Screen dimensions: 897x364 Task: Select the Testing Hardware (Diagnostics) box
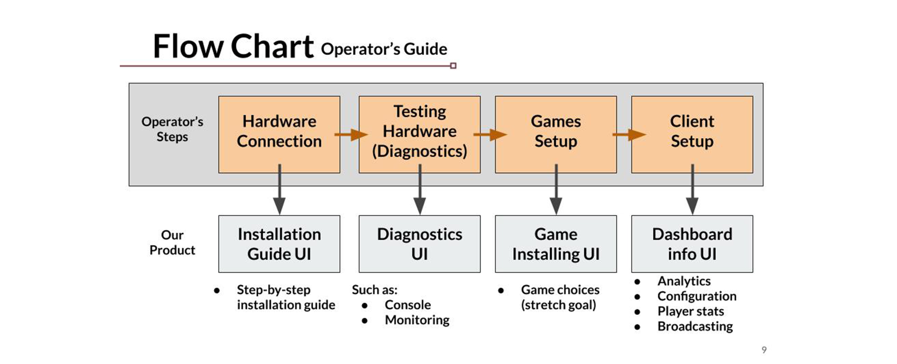420,135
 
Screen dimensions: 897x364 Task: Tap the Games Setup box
556,135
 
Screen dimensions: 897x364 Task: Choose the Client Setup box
692,135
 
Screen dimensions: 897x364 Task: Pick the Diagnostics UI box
420,244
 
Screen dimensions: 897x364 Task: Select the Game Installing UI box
556,244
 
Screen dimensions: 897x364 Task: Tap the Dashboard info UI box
692,244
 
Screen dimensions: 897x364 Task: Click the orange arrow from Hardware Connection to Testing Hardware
351,135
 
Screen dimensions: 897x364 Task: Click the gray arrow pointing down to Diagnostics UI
420,189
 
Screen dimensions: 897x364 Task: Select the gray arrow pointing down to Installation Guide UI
279,189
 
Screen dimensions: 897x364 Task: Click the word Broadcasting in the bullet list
695,326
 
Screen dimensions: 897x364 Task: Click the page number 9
764,350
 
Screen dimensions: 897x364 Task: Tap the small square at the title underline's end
453,66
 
